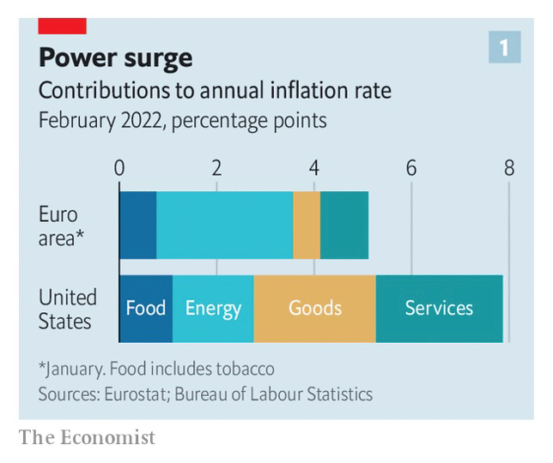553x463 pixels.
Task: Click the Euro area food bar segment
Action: tap(137, 225)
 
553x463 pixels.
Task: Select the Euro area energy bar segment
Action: tap(224, 225)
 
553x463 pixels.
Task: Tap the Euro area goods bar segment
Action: tap(307, 225)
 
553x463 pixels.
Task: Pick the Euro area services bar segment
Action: tap(343, 225)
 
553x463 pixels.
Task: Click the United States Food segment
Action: tap(146, 309)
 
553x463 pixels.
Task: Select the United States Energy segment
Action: tap(213, 309)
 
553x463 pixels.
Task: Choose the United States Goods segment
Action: tap(314, 309)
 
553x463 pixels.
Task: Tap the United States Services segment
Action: tap(439, 309)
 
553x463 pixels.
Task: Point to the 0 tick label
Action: tap(119, 168)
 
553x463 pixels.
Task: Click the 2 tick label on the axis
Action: tap(216, 168)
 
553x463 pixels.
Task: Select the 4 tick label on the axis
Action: tap(314, 168)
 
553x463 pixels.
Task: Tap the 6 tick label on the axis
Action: tap(411, 168)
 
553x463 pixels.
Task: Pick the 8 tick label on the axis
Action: tap(509, 168)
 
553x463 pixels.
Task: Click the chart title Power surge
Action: tap(116, 58)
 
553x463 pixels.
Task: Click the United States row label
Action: tap(67, 309)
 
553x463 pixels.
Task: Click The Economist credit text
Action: tap(88, 437)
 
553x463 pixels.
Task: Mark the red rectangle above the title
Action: tap(63, 25)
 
